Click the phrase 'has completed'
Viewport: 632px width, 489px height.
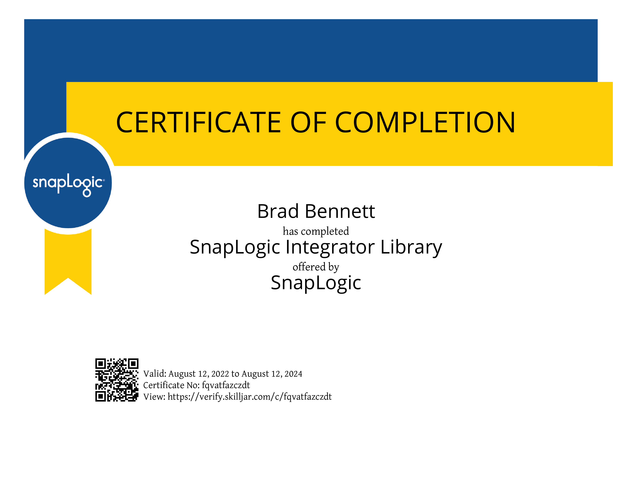pos(316,231)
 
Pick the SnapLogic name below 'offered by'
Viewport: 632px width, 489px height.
pos(316,283)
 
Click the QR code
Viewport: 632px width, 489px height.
pos(117,380)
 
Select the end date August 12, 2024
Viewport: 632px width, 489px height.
pos(272,374)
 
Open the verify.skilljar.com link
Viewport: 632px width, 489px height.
pos(249,397)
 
